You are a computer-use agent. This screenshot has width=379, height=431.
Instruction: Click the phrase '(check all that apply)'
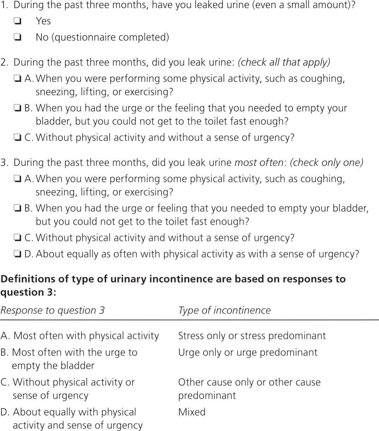click(284, 62)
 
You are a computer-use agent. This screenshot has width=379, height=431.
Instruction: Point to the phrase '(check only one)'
click(326, 163)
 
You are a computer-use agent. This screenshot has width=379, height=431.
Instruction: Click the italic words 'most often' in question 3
click(259, 163)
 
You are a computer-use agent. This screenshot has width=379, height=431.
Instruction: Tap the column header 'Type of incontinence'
click(224, 310)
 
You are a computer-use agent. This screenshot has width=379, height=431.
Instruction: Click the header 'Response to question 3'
click(53, 310)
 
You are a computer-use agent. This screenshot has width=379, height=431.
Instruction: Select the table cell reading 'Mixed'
click(192, 412)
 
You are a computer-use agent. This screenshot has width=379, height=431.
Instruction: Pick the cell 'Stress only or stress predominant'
click(252, 335)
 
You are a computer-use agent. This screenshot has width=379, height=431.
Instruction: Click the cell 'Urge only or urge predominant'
click(247, 352)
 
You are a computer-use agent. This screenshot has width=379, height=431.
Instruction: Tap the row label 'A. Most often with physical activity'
click(80, 335)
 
